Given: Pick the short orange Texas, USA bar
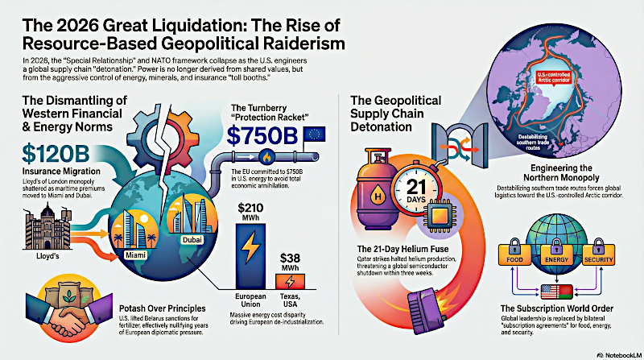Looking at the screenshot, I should click(x=291, y=282).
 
